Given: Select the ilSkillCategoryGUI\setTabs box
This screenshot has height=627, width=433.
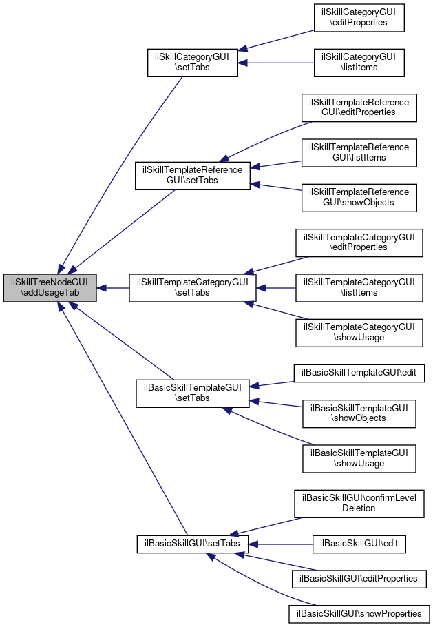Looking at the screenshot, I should point(193,62).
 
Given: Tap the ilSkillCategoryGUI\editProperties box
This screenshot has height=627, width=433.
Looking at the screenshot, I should point(359,17).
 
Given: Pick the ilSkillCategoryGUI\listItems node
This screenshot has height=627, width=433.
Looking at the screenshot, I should point(359,62).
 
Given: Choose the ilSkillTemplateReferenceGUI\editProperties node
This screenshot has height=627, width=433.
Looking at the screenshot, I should point(359,107).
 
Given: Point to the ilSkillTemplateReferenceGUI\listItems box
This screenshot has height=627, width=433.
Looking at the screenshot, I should point(359,152).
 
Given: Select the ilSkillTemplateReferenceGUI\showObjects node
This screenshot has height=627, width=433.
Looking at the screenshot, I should point(359,197).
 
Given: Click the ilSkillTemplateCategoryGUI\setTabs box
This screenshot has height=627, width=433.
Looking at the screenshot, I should point(193,287).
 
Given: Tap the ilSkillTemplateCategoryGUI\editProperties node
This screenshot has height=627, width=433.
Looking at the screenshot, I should point(359,243).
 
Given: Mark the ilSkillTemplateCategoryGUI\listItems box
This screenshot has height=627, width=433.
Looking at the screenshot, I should point(359,287).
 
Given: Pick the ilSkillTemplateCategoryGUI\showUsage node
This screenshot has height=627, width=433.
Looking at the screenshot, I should point(359,332).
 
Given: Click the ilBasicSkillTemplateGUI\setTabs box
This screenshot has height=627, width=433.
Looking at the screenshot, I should point(192,392).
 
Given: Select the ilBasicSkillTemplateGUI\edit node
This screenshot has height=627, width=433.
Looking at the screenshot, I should point(359,373).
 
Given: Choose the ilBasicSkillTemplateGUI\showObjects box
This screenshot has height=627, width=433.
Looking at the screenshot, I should point(359,413).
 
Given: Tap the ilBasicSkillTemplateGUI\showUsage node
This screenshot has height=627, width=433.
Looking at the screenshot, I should point(359,458).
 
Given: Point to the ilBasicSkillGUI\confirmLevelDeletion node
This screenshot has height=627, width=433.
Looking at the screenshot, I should point(359,503).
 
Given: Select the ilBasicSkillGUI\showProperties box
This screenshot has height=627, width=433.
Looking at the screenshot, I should point(359,613).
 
